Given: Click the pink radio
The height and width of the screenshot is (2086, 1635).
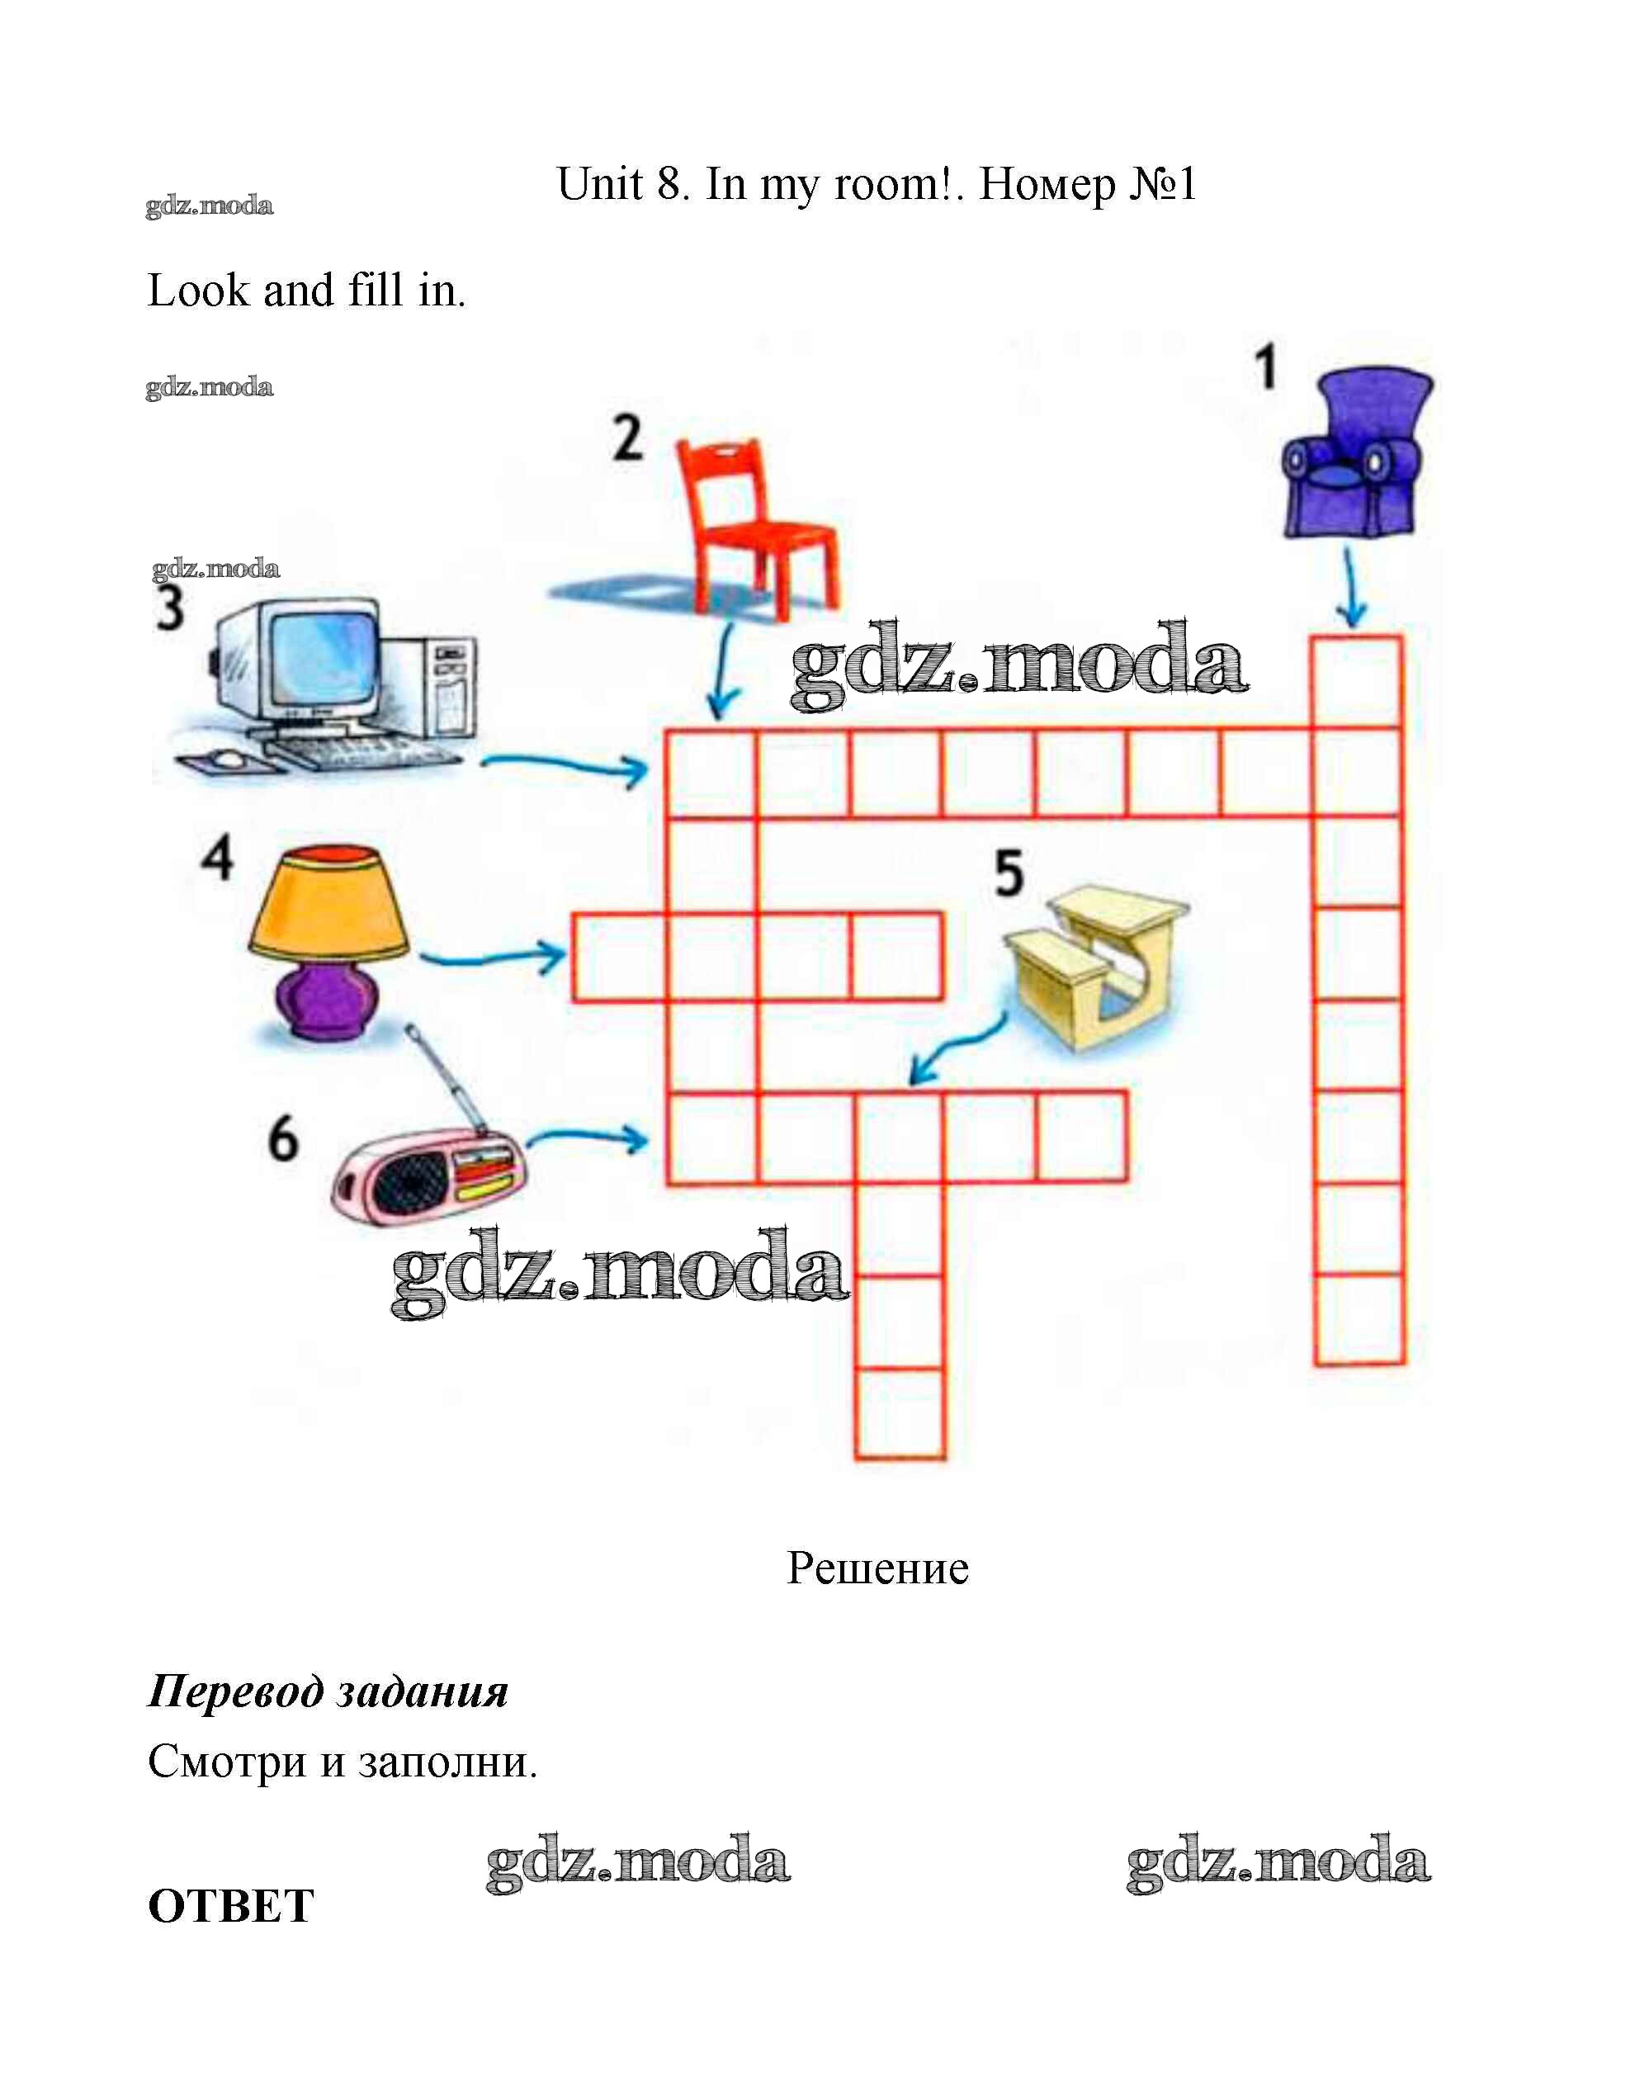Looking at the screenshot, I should [x=428, y=1175].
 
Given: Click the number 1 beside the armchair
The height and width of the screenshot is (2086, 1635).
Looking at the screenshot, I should [x=1265, y=368].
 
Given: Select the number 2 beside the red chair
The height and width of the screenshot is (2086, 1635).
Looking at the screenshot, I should [x=628, y=438].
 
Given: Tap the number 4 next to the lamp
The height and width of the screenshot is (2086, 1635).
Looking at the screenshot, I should [x=217, y=857].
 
